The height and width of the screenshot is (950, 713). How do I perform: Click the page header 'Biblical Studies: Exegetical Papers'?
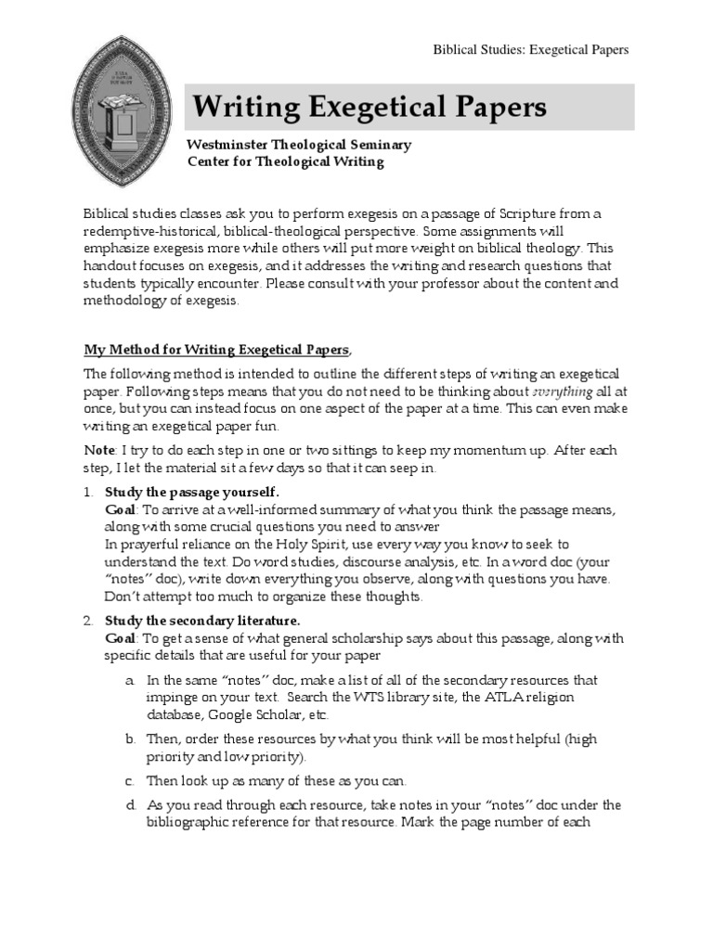coord(531,49)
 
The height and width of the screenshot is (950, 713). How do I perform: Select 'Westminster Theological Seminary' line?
coord(299,145)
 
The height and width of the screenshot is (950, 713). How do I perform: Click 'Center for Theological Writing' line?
coord(285,161)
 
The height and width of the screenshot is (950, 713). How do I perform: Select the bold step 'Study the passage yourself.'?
coord(191,492)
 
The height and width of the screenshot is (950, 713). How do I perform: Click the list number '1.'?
coord(89,492)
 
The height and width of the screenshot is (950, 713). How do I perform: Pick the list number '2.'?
coord(89,620)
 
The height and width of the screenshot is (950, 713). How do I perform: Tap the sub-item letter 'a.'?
coord(131,680)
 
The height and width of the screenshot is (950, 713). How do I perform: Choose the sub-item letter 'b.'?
coord(131,738)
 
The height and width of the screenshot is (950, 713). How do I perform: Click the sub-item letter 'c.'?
coord(131,780)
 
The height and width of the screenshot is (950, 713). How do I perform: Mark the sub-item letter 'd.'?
coord(131,804)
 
